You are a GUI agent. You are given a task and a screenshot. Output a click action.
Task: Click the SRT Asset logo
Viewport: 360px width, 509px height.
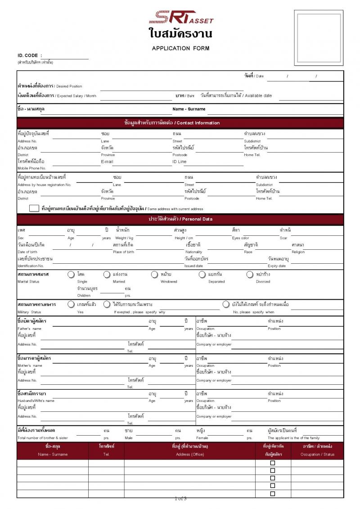[181, 17]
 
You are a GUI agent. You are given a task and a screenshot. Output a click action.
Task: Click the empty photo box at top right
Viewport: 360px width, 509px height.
[319, 39]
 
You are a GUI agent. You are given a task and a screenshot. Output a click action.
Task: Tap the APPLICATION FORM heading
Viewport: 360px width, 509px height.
[180, 48]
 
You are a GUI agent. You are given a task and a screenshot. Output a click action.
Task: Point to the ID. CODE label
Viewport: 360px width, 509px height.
[29, 55]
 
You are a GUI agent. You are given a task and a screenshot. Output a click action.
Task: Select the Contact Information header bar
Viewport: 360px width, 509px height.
[180, 123]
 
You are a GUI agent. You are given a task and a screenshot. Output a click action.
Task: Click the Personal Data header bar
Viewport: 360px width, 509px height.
[180, 219]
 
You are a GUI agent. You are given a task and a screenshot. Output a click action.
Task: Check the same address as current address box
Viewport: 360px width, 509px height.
[34, 208]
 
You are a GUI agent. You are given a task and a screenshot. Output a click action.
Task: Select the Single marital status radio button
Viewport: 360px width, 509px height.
[71, 274]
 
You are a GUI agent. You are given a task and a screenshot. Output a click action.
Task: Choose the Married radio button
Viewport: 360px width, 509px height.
[107, 274]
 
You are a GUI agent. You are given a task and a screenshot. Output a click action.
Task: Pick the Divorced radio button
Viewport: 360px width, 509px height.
[250, 274]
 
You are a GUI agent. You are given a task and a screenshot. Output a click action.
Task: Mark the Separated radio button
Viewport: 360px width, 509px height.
[202, 274]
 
